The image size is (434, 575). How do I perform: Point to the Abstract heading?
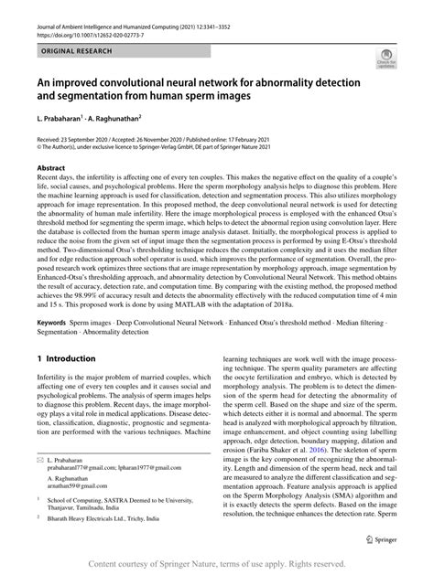click(50, 169)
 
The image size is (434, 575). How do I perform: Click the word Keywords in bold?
click(53, 324)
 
